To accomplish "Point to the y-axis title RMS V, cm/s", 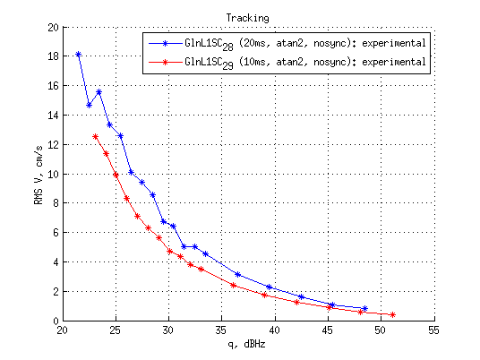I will click(38, 175).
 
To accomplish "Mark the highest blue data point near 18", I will click(78, 55).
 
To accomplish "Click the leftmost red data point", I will click(95, 136).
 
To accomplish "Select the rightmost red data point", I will click(392, 314).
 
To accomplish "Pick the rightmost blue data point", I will click(364, 309).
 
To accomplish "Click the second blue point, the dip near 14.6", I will click(89, 106).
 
